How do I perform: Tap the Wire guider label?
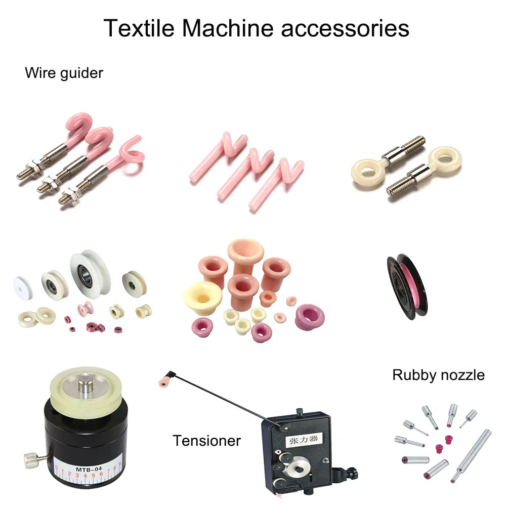[x=64, y=73]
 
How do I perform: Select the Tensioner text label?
[x=206, y=440]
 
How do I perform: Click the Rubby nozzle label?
[x=438, y=375]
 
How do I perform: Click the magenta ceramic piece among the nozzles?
[x=440, y=442]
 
